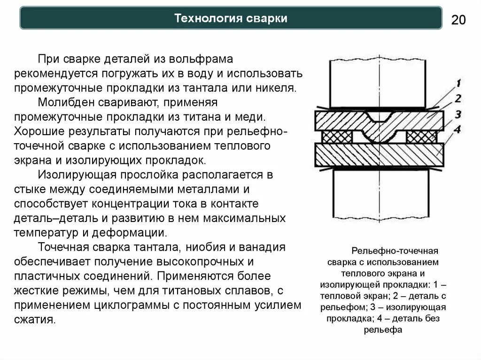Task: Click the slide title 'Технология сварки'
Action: pos(231,18)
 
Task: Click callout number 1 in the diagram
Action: pos(458,84)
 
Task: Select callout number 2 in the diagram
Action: pos(458,99)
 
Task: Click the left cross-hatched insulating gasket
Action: pos(337,136)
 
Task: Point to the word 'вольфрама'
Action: pos(194,61)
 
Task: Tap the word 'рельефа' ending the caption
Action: pos(383,329)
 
